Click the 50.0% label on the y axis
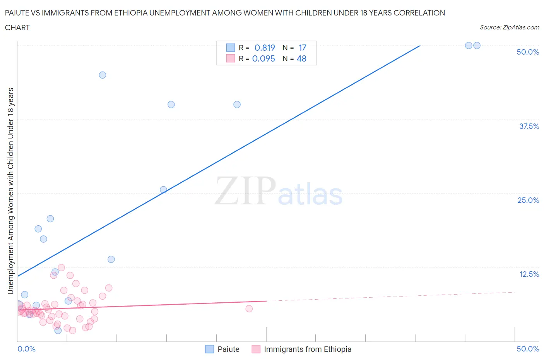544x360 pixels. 528,52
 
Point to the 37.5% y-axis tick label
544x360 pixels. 529,126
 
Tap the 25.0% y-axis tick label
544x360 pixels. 528,200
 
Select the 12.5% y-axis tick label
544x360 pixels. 529,274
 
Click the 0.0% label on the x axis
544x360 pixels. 26,349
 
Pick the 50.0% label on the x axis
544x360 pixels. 528,349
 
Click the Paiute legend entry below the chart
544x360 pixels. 228,349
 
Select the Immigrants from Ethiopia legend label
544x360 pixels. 307,349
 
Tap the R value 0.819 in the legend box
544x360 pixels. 265,48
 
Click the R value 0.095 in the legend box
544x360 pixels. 263,58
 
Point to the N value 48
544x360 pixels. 301,58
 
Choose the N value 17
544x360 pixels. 302,48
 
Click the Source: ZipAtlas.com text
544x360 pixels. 509,27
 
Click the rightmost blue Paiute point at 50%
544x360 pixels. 477,46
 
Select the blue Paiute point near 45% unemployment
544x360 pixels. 103,75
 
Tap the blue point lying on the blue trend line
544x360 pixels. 163,190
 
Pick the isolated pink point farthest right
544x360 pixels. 249,309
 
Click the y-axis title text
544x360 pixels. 10,191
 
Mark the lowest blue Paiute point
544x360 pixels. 58,330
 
